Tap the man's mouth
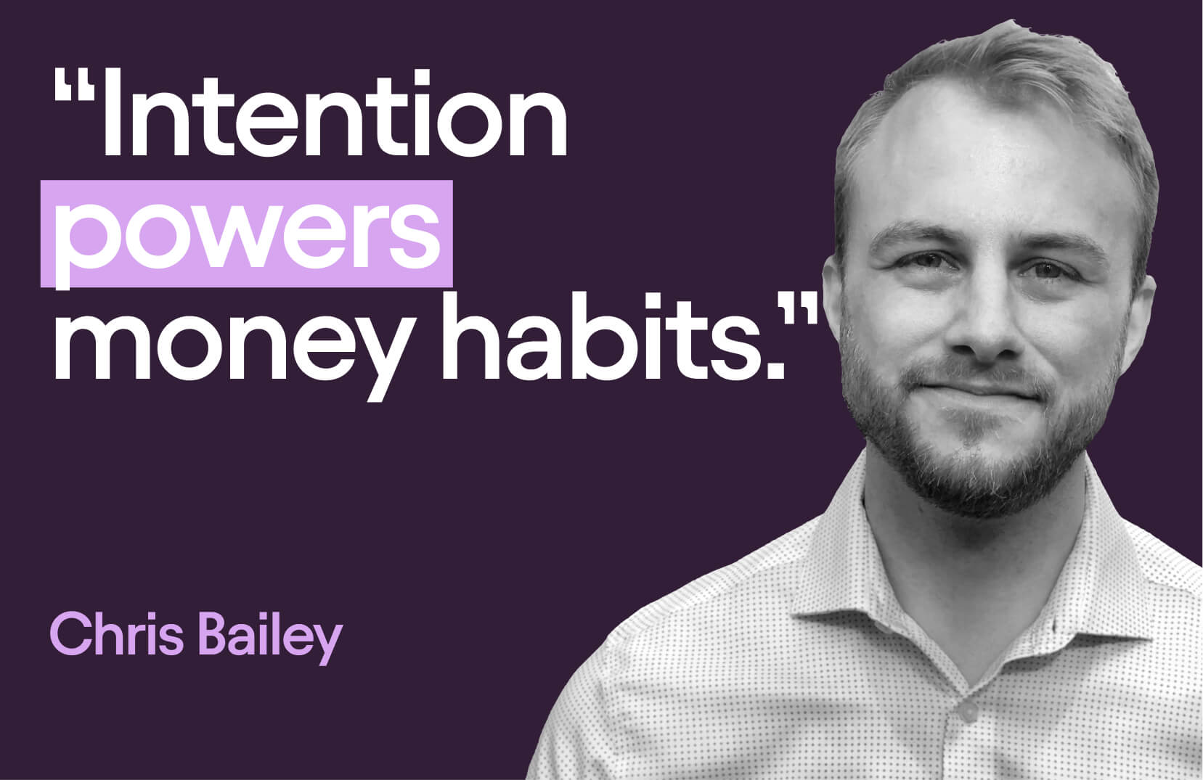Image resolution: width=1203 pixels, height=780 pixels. pos(977,392)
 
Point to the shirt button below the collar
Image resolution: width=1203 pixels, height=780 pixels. pos(968,711)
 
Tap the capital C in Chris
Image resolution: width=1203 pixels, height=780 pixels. pos(69,634)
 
